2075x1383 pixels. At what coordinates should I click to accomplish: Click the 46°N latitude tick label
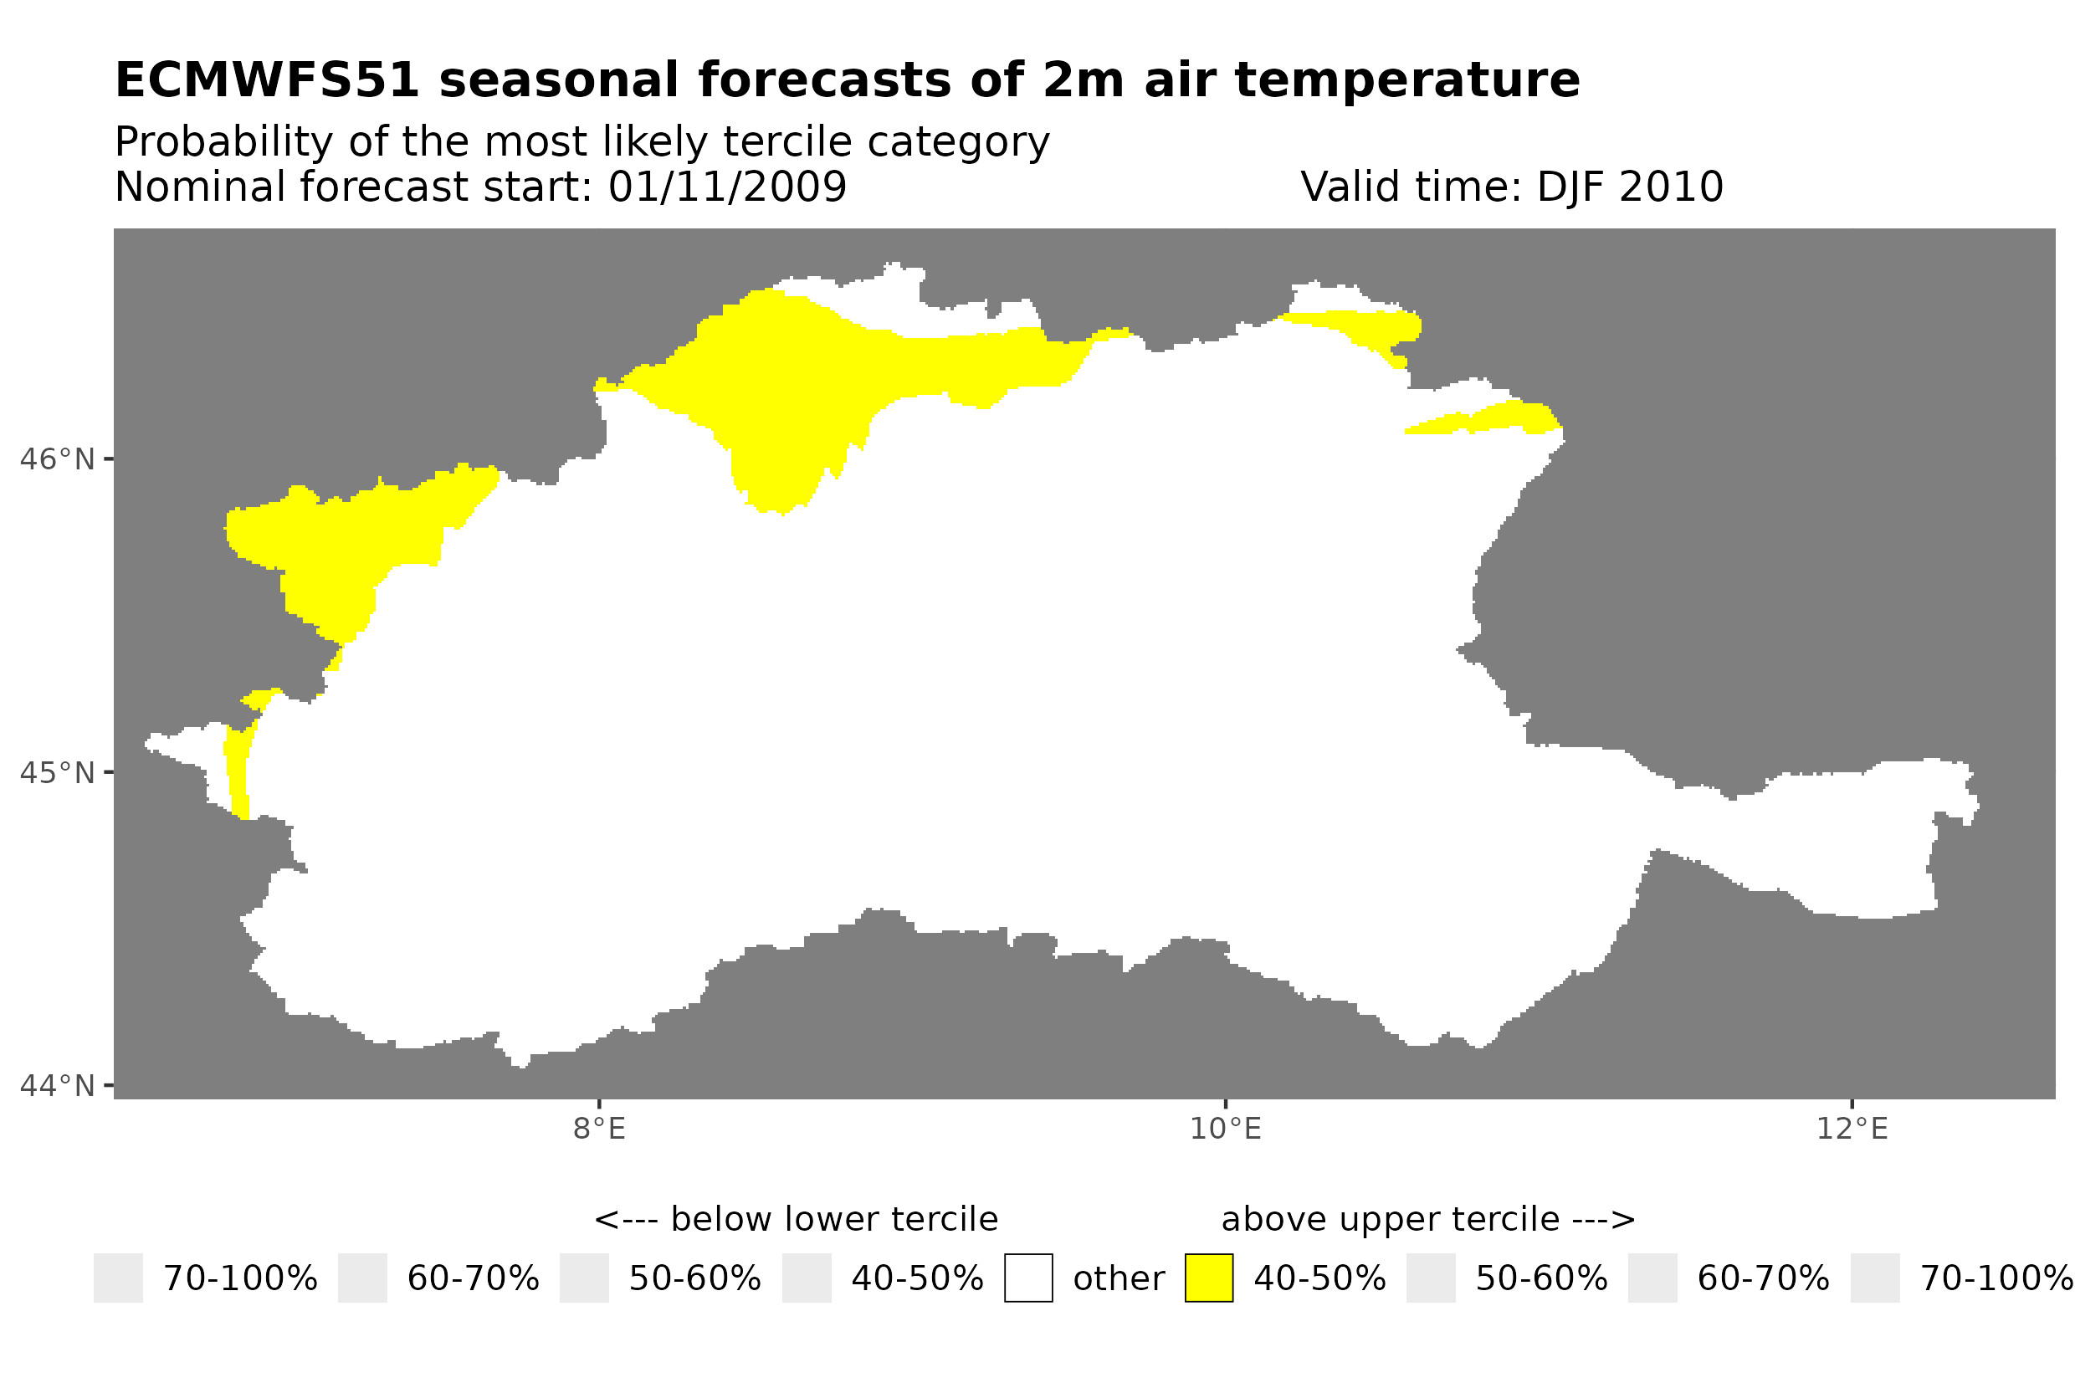coord(56,459)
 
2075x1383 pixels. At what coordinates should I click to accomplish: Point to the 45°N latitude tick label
coord(56,772)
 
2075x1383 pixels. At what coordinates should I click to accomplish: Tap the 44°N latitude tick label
coord(56,1086)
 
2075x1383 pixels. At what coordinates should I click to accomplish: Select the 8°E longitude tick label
coord(599,1129)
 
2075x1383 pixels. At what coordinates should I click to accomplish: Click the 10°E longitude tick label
coord(1225,1129)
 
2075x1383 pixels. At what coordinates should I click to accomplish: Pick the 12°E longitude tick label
coord(1852,1129)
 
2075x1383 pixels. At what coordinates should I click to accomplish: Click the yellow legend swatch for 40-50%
coord(1208,1278)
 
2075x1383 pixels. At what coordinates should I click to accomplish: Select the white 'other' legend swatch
coord(1027,1278)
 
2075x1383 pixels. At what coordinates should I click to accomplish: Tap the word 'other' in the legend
coord(1118,1278)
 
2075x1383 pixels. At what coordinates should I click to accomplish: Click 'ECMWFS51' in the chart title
coord(266,80)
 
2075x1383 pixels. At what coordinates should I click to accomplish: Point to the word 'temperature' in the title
coord(1406,80)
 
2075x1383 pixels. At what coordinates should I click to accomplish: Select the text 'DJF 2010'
coord(1630,187)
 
